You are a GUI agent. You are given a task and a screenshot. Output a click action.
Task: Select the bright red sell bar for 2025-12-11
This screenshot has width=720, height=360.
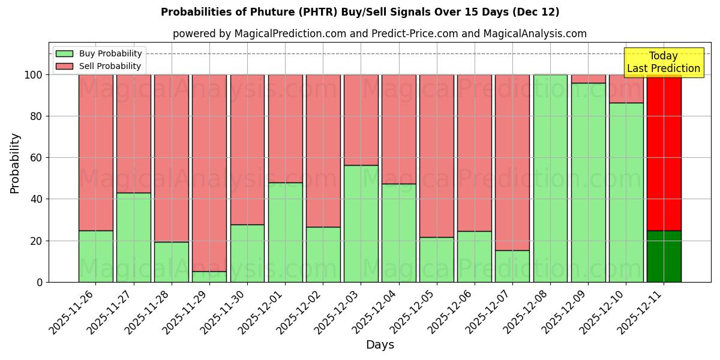click(664, 152)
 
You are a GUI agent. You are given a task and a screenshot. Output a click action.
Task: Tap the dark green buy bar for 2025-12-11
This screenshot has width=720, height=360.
click(664, 256)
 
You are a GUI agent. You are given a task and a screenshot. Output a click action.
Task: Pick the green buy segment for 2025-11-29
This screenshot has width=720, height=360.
click(209, 277)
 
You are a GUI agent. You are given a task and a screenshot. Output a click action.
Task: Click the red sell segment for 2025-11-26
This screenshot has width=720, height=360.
click(96, 152)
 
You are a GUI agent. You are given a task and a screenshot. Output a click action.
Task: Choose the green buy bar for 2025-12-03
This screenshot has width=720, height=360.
click(361, 223)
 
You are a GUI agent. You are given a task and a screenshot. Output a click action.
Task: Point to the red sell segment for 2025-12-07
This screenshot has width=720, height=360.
click(512, 162)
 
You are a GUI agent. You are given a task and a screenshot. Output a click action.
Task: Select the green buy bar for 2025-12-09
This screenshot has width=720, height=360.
click(588, 182)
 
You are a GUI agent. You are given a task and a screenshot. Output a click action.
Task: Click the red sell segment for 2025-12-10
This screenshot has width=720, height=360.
click(626, 89)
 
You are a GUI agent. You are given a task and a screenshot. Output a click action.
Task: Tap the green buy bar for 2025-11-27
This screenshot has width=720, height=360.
click(134, 237)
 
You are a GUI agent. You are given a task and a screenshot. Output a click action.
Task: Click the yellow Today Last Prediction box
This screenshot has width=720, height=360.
click(663, 62)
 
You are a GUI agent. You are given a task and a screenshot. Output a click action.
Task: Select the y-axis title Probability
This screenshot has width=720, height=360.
click(15, 163)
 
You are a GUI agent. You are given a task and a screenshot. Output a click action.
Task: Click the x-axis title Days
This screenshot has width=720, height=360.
click(380, 345)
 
